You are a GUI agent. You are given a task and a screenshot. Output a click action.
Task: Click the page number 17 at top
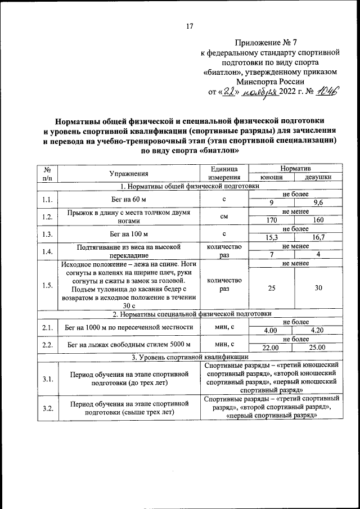coord(190,26)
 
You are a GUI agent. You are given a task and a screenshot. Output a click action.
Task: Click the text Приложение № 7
coord(272,42)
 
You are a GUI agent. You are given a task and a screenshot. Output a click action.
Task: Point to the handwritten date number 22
coord(226,92)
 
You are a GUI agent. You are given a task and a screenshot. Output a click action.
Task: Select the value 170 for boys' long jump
coord(272,220)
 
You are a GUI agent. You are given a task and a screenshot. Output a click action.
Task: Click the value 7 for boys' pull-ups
coord(272,255)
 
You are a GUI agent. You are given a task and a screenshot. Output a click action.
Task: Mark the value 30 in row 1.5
coord(318,288)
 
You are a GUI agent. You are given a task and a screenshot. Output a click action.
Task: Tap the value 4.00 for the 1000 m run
coord(272,331)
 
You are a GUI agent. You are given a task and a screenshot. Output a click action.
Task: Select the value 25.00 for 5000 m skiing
coord(318,348)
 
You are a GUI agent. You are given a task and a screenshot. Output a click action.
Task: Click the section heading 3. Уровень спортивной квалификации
coord(189,357)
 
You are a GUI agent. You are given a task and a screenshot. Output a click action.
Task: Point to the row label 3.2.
coord(47,408)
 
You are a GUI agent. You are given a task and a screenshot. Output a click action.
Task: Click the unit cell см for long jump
coord(224,217)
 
